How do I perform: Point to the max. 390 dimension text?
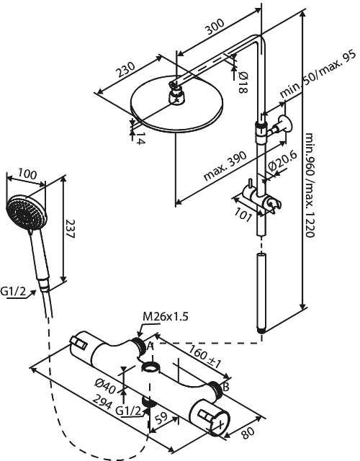[x=224, y=167]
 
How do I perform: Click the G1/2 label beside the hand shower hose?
[x=14, y=292]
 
